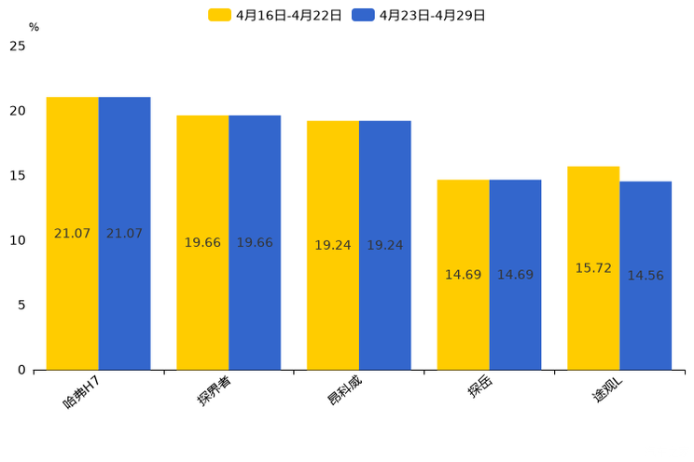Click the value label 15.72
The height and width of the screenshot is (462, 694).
[x=593, y=268]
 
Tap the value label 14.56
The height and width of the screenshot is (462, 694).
[x=645, y=276]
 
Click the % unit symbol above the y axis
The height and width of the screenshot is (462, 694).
[x=34, y=28]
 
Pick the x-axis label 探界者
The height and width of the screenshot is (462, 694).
[x=215, y=391]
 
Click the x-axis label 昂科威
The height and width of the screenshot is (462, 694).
[x=344, y=391]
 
